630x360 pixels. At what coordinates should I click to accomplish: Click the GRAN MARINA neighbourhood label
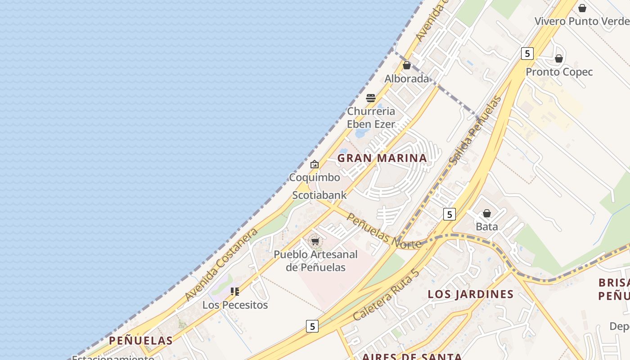pyautogui.click(x=382, y=158)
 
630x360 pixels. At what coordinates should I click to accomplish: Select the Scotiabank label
pyautogui.click(x=319, y=195)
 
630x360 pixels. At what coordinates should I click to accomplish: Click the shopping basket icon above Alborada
pyautogui.click(x=407, y=65)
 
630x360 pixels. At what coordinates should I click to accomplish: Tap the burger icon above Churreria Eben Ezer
pyautogui.click(x=371, y=98)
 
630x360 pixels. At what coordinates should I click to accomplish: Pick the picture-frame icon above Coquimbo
pyautogui.click(x=315, y=164)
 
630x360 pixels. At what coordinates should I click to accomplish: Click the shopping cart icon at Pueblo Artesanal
pyautogui.click(x=315, y=242)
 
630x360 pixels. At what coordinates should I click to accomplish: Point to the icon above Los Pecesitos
pyautogui.click(x=234, y=292)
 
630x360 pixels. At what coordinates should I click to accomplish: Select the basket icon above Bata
pyautogui.click(x=487, y=213)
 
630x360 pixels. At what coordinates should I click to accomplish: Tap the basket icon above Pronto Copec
pyautogui.click(x=559, y=58)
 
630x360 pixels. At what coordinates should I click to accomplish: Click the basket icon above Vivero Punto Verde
pyautogui.click(x=582, y=8)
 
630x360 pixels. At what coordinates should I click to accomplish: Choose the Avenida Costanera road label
pyautogui.click(x=221, y=265)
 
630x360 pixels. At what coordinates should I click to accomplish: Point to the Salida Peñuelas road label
pyautogui.click(x=476, y=130)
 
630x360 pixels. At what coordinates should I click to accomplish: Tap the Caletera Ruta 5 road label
pyautogui.click(x=386, y=295)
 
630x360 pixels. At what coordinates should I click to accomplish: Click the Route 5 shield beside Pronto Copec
pyautogui.click(x=527, y=54)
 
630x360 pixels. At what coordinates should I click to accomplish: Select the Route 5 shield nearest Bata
pyautogui.click(x=449, y=214)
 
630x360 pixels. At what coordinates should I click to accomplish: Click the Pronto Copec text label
pyautogui.click(x=559, y=72)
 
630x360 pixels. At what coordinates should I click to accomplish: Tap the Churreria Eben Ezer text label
pyautogui.click(x=371, y=117)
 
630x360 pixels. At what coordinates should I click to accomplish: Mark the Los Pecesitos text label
pyautogui.click(x=235, y=305)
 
